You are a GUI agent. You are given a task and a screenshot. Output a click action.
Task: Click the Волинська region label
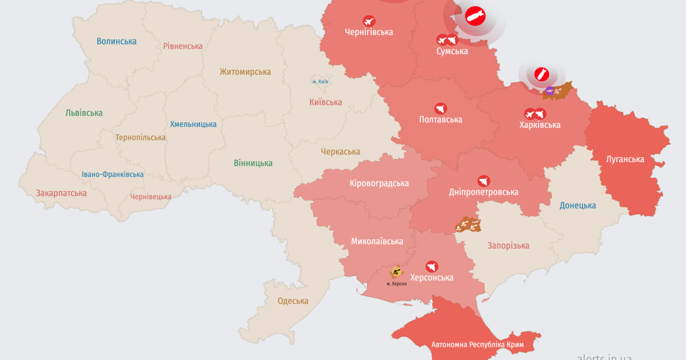click(x=117, y=41)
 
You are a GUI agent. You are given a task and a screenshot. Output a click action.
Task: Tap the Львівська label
click(x=84, y=113)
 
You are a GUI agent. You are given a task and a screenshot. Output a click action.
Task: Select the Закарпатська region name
click(x=61, y=193)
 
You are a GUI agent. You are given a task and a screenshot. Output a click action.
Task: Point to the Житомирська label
click(x=245, y=71)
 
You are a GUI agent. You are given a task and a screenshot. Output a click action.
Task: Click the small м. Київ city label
click(x=320, y=82)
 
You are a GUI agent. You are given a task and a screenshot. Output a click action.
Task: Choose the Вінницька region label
click(x=253, y=163)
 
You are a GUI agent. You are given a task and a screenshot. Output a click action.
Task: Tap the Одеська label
click(x=293, y=301)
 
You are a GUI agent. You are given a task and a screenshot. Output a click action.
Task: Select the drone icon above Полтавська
click(x=440, y=108)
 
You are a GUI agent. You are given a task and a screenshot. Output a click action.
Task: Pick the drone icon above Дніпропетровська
click(x=484, y=181)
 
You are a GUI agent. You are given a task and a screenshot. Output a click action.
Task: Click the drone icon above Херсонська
click(x=432, y=266)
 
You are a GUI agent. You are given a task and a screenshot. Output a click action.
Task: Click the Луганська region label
click(x=625, y=159)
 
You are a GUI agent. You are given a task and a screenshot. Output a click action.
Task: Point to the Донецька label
click(x=577, y=205)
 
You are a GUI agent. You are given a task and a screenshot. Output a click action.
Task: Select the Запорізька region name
click(x=508, y=245)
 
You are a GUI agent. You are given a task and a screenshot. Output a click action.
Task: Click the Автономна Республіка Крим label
click(x=477, y=345)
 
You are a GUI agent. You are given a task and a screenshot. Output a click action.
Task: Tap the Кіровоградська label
click(x=379, y=183)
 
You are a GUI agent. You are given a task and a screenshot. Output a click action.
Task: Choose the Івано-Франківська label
click(x=113, y=174)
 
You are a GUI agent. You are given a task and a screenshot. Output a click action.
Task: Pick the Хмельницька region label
click(x=193, y=124)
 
